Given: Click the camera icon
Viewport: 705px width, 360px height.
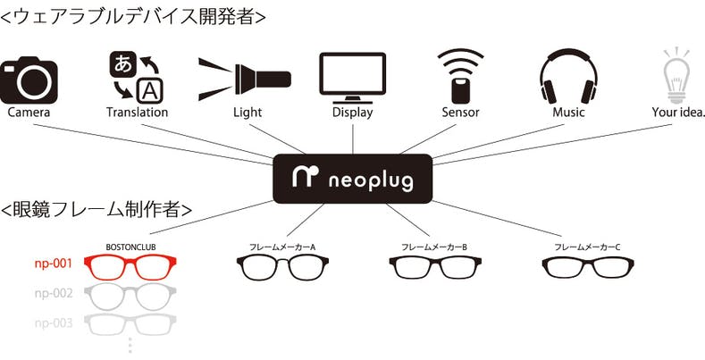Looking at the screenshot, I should pyautogui.click(x=29, y=80).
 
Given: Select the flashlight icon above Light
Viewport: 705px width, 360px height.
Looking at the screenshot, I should pyautogui.click(x=243, y=77).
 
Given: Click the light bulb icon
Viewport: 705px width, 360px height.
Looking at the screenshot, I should pyautogui.click(x=677, y=75).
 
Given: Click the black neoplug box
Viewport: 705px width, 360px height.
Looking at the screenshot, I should pyautogui.click(x=352, y=179).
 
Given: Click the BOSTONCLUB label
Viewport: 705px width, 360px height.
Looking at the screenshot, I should pyautogui.click(x=130, y=246).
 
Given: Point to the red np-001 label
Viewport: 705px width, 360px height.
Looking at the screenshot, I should pyautogui.click(x=54, y=264).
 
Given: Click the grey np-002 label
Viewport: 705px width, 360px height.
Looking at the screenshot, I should pyautogui.click(x=54, y=293).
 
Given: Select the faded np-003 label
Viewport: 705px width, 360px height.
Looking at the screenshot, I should pyautogui.click(x=54, y=322).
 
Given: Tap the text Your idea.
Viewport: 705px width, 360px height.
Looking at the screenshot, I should pyautogui.click(x=678, y=113).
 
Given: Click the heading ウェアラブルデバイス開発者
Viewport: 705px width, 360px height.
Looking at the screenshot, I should pyautogui.click(x=133, y=15).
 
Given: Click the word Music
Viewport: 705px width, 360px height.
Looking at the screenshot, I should pyautogui.click(x=568, y=113).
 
